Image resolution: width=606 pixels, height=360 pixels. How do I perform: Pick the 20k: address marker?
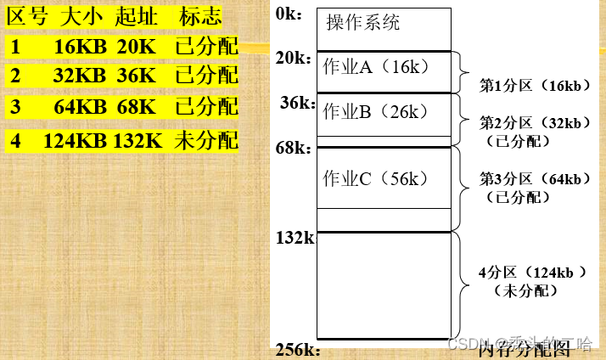coord(295,58)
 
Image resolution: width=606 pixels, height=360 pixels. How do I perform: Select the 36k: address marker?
coord(297,102)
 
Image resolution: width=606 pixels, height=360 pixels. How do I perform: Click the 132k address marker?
coord(295,238)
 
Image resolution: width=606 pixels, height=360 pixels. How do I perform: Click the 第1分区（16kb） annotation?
coord(534,87)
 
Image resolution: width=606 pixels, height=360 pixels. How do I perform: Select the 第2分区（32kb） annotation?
coord(535,123)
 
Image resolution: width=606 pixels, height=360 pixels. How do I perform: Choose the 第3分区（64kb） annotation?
coord(535,178)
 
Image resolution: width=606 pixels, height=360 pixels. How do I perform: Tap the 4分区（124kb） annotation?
coord(533,273)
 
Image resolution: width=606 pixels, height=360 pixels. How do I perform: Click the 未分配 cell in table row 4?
coord(206,140)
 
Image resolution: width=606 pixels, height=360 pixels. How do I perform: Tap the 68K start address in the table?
coord(136,107)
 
